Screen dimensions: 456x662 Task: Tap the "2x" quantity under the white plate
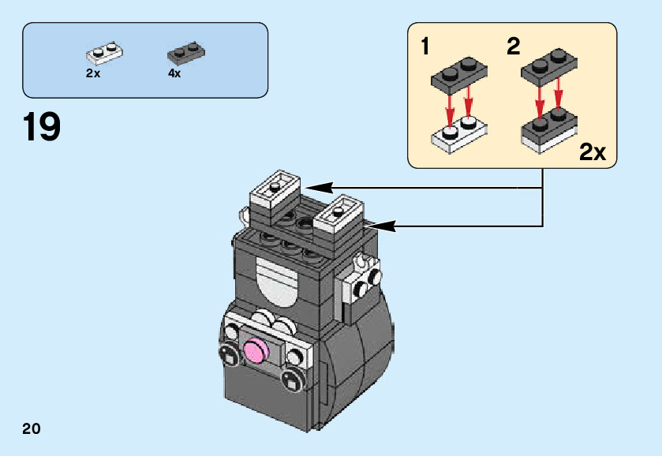click(x=93, y=73)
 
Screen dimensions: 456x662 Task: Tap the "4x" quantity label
click(x=174, y=73)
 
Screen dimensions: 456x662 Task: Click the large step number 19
click(x=42, y=127)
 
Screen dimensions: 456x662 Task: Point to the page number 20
click(x=32, y=429)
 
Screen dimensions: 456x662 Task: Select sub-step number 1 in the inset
click(x=426, y=47)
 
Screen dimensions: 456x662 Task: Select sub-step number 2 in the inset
click(x=514, y=47)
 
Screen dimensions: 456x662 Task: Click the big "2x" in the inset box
click(x=592, y=151)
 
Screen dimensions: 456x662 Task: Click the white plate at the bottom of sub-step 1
click(x=457, y=135)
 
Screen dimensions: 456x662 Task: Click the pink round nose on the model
click(x=258, y=349)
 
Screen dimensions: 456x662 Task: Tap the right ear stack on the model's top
click(x=338, y=218)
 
